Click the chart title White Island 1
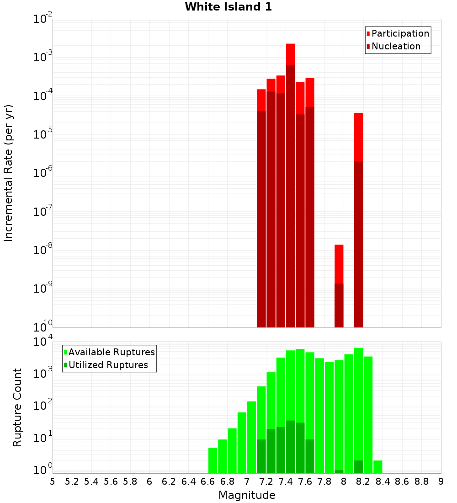pyautogui.click(x=228, y=7)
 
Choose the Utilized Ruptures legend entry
pyautogui.click(x=108, y=365)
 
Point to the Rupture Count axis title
pyautogui.click(x=17, y=407)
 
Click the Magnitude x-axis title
pyautogui.click(x=247, y=495)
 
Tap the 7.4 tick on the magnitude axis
pyautogui.click(x=286, y=482)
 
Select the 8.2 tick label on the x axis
pyautogui.click(x=363, y=482)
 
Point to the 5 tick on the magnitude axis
pyautogui.click(x=53, y=482)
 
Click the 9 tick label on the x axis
pyautogui.click(x=441, y=482)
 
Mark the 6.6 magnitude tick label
pyautogui.click(x=208, y=482)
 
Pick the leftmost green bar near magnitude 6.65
pyautogui.click(x=213, y=460)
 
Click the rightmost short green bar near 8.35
pyautogui.click(x=378, y=466)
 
